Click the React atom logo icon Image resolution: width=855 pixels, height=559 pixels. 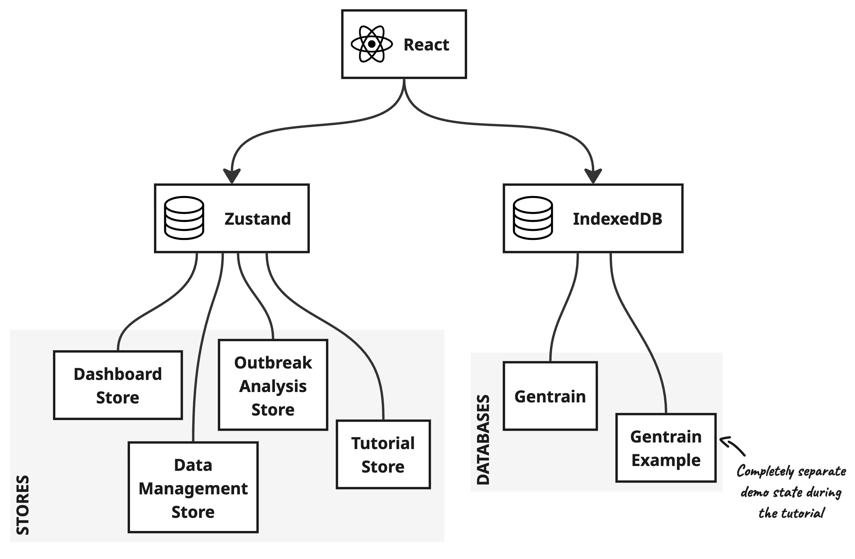371,44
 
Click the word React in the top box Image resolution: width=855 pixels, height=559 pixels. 426,45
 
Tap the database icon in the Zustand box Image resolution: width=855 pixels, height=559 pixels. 184,218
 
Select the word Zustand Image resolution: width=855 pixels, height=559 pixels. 258,219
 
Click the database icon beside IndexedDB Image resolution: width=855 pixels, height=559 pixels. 533,218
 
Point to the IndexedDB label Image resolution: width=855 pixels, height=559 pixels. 617,219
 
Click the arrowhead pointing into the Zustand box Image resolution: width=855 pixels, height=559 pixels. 232,176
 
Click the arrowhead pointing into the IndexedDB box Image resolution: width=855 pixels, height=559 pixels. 593,176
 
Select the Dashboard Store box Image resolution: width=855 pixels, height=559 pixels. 118,385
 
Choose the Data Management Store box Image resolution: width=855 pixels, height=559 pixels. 193,487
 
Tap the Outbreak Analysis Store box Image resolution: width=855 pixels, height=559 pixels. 273,385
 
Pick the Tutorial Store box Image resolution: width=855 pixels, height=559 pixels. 383,455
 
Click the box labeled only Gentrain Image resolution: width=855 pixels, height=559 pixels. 550,396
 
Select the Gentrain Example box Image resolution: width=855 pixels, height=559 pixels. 666,448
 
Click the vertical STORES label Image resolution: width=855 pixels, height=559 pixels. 22,505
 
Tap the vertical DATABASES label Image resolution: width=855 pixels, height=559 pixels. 483,440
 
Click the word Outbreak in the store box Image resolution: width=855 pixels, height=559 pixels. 273,363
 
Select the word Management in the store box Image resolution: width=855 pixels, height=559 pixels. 193,488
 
